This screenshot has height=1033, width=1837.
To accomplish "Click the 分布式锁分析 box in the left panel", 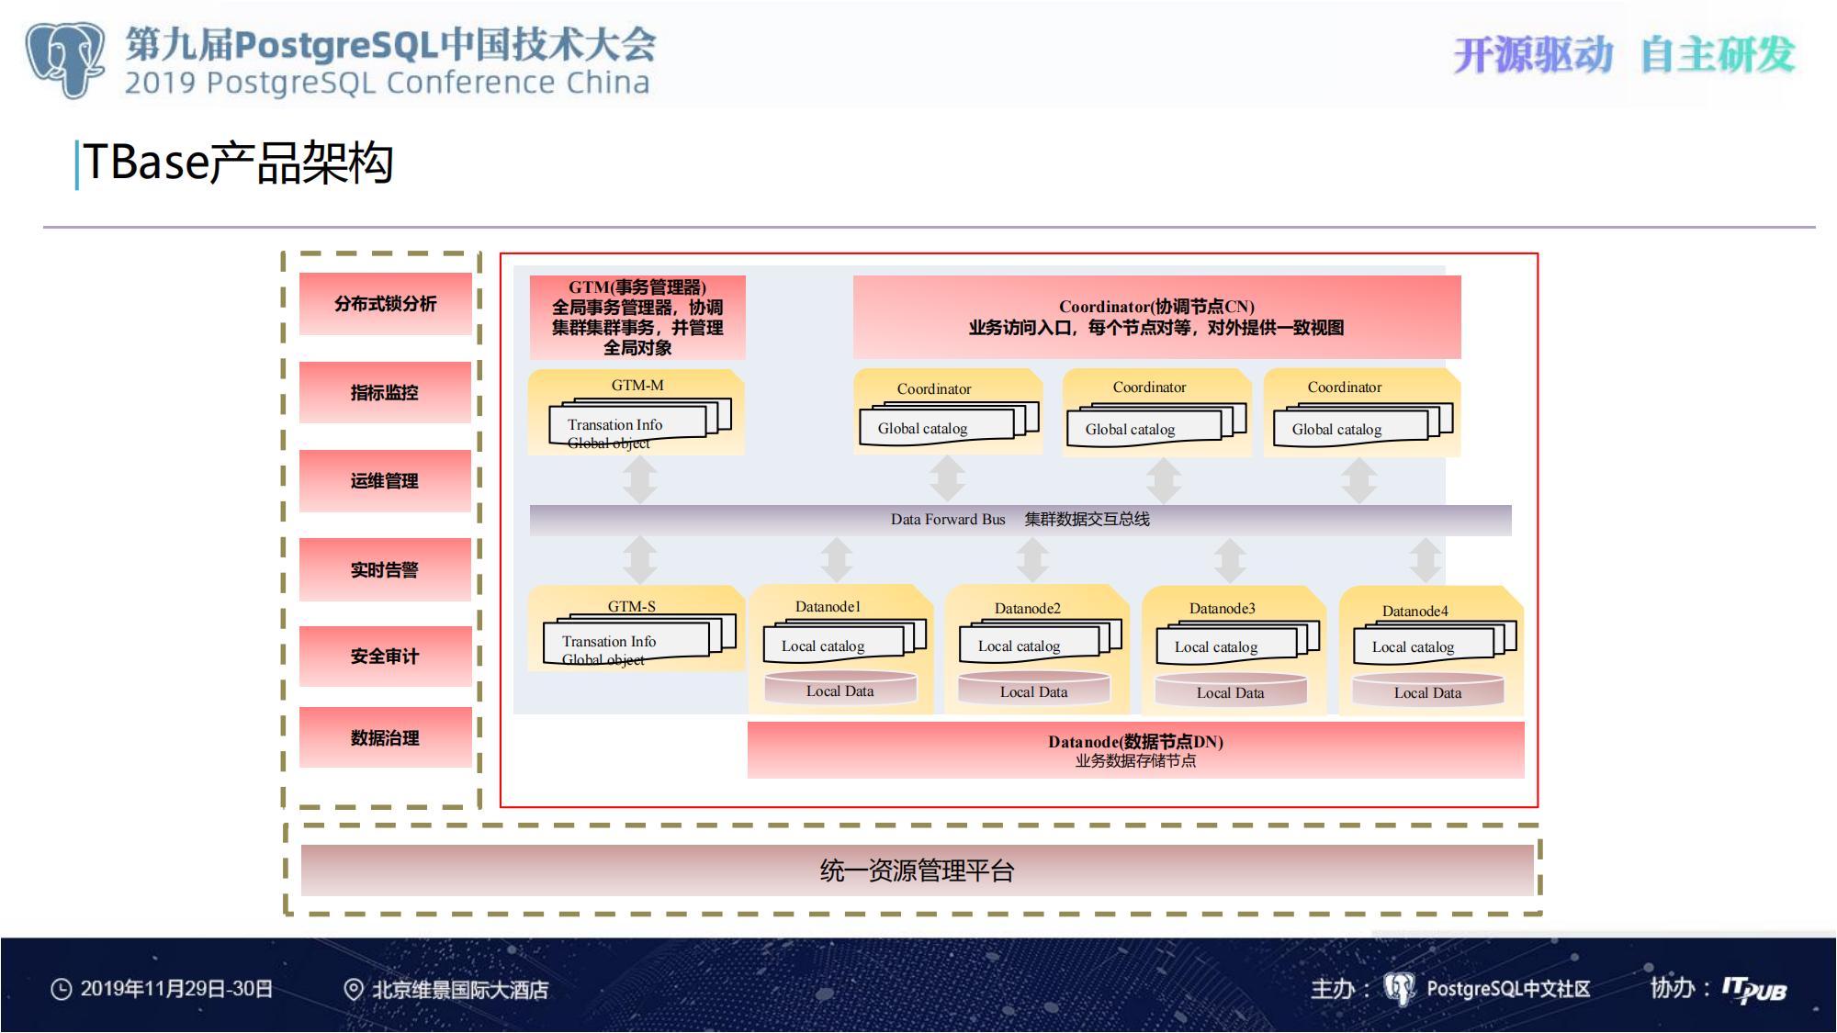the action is point(385,304).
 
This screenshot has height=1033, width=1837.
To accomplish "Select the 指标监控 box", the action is point(385,393).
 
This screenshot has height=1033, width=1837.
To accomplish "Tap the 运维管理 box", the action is point(385,481).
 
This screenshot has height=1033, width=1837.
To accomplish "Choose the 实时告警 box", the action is point(385,570).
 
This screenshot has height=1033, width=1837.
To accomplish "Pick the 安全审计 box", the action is point(385,657).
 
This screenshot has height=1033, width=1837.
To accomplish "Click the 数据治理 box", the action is point(385,737).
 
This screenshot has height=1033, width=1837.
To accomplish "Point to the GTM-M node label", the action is point(637,386).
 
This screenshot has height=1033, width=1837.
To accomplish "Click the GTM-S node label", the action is point(632,606).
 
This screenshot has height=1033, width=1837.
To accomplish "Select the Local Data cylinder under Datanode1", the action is point(840,691).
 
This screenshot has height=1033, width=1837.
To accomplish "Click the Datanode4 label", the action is point(1415,612).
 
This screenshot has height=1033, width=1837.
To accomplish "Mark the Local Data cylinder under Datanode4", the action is point(1428,692).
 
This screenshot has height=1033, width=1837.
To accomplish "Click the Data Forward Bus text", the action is point(948,520).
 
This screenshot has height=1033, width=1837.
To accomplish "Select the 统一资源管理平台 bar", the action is point(918,870).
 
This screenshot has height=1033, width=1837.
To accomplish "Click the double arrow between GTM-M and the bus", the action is point(640,479).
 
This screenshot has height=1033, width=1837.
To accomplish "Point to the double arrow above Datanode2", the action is point(1033,559).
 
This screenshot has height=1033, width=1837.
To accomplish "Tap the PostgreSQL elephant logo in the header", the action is point(65,59).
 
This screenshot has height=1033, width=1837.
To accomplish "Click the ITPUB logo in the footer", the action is point(1754,990).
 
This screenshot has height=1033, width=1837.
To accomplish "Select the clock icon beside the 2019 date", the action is point(61,989).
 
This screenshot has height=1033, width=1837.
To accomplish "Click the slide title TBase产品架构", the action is point(239,163).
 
